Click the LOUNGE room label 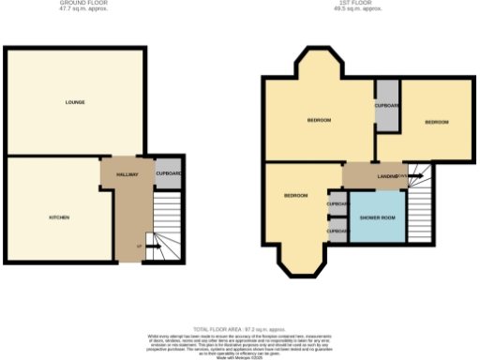tap(75, 101)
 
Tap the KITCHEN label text tap(59, 217)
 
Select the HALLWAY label tap(127, 174)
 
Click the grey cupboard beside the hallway tap(169, 173)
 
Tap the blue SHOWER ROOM tap(375, 217)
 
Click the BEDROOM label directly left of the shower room tap(296, 195)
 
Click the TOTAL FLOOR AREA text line tap(240, 330)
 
